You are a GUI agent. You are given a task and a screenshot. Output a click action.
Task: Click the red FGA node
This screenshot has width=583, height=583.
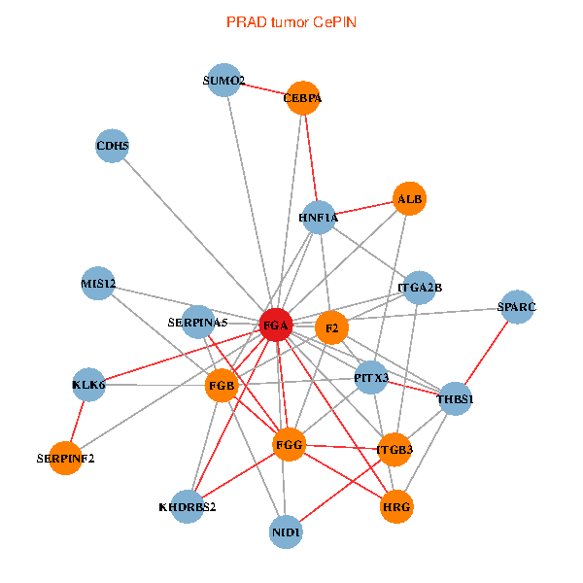coord(276,326)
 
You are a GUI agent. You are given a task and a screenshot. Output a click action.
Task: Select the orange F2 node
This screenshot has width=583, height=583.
coord(331,327)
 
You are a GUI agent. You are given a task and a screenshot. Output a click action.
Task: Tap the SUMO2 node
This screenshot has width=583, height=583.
coord(224,81)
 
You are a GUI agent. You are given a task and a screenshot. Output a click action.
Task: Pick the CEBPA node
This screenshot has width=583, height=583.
coord(303,98)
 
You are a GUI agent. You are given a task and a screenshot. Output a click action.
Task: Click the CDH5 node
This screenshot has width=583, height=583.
coord(113,147)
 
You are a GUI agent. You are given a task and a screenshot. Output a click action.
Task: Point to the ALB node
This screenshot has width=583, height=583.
coord(409,199)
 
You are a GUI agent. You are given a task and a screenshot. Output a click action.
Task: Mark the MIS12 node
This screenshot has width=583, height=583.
coord(98,284)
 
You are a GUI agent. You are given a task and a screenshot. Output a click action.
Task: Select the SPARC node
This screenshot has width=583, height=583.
coord(516,307)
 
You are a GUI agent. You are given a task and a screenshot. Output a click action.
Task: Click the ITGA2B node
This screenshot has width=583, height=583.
coord(420,288)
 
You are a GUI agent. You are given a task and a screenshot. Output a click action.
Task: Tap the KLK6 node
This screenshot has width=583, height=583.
coord(88,385)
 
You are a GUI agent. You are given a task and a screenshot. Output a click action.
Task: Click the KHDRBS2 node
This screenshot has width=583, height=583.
coord(188,506)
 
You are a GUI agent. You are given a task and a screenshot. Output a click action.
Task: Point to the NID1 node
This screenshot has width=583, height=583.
coord(286,532)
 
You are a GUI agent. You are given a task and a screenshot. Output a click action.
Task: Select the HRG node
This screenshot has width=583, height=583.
coord(396,506)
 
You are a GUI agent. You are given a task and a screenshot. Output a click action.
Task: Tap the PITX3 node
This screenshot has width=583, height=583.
coord(371,377)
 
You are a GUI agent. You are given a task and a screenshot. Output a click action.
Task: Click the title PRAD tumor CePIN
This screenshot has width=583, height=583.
coord(291,21)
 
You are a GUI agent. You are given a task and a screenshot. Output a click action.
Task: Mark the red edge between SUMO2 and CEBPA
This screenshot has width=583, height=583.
coord(263,89)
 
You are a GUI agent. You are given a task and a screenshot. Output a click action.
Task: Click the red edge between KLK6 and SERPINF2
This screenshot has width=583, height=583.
coord(78,421)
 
